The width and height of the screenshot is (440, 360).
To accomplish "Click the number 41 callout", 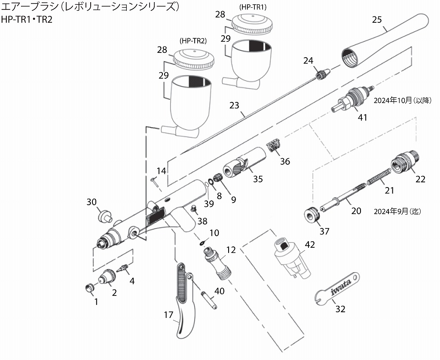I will (x=363, y=117).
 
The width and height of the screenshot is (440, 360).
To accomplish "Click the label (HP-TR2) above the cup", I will (x=193, y=41).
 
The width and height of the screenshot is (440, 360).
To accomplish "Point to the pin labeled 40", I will (x=209, y=300).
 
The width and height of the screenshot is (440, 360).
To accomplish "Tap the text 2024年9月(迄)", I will (x=396, y=211).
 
